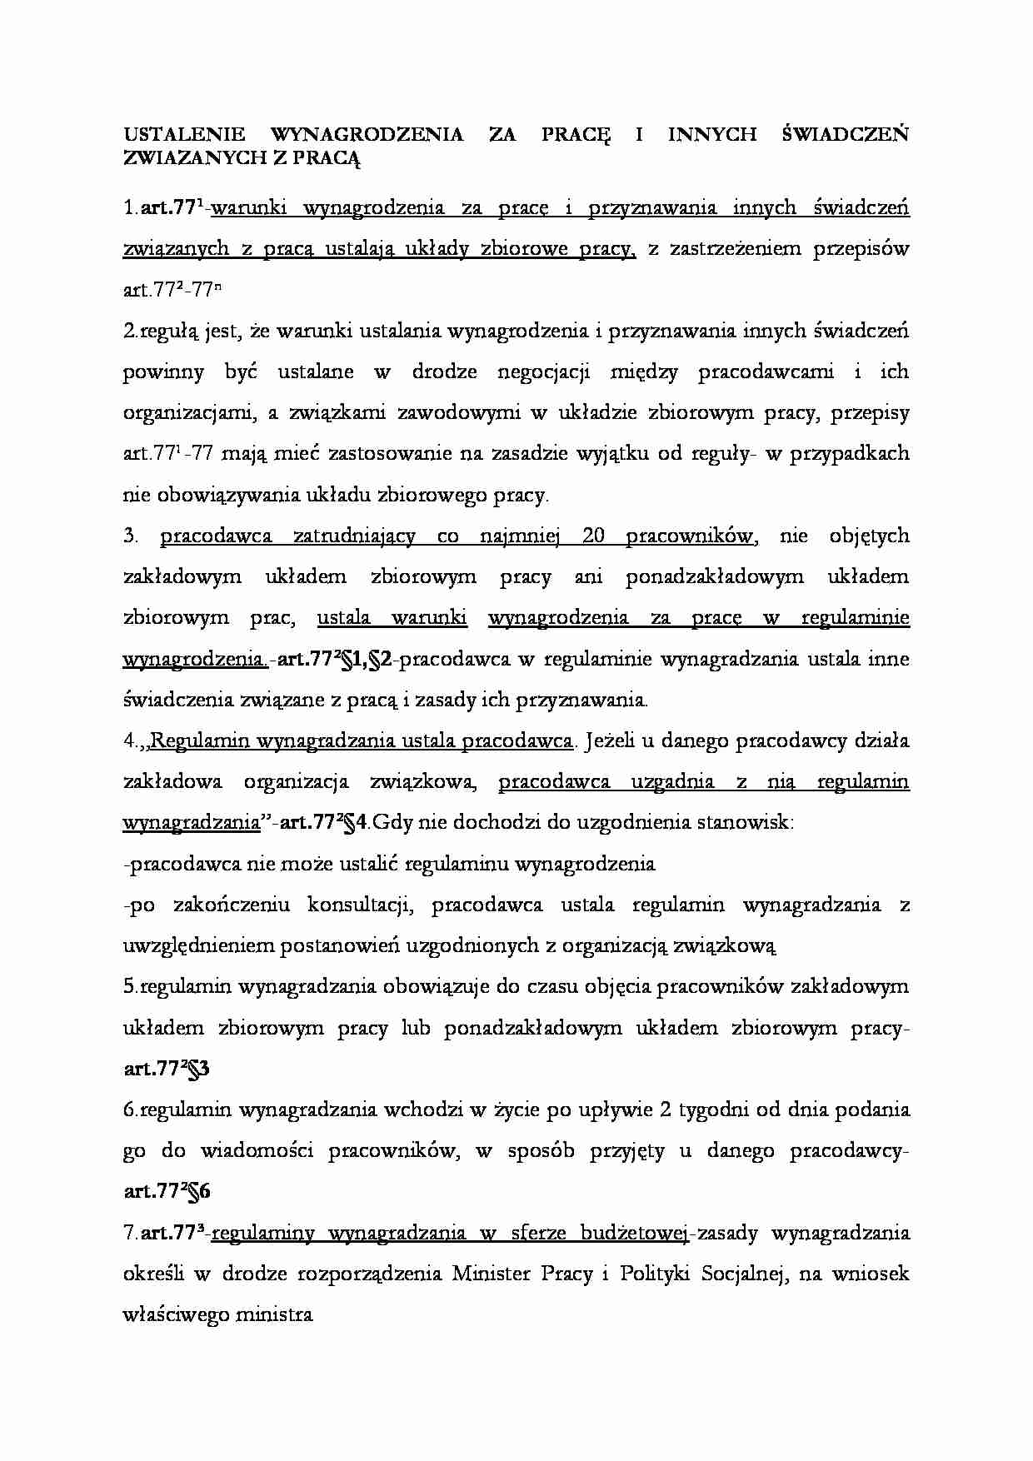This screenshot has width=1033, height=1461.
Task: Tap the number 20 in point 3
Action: tap(593, 536)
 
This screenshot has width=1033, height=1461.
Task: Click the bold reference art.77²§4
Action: tap(322, 824)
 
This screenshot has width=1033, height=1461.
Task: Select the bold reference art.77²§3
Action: tap(166, 1070)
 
